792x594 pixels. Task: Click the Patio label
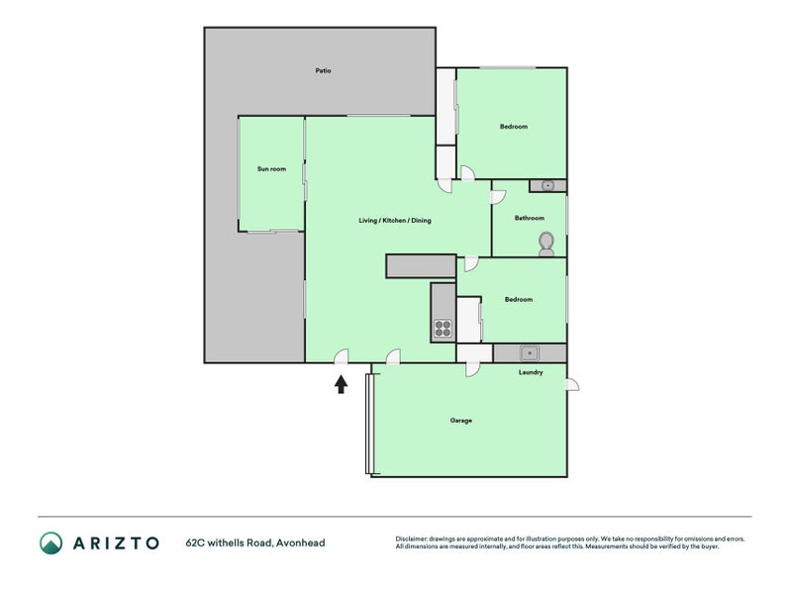(324, 70)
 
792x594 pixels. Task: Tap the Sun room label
(271, 168)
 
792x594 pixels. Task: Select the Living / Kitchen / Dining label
(395, 220)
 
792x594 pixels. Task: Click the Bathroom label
(530, 218)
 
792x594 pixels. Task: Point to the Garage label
(461, 420)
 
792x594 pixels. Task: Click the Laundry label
(531, 372)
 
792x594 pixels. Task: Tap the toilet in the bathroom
(546, 244)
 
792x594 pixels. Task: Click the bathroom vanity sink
(548, 186)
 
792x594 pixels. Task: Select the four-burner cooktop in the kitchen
(443, 329)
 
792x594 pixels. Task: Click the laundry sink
(530, 353)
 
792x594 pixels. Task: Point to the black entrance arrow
(341, 384)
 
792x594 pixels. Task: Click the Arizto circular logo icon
(51, 543)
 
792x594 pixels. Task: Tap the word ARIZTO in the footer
(116, 543)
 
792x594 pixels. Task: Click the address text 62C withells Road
(230, 543)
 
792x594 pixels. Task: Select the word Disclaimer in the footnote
(411, 539)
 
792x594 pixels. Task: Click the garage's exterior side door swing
(573, 385)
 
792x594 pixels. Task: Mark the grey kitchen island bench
(422, 266)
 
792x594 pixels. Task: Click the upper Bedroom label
(514, 127)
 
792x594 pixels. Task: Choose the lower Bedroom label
(519, 300)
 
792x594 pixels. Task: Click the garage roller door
(369, 424)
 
